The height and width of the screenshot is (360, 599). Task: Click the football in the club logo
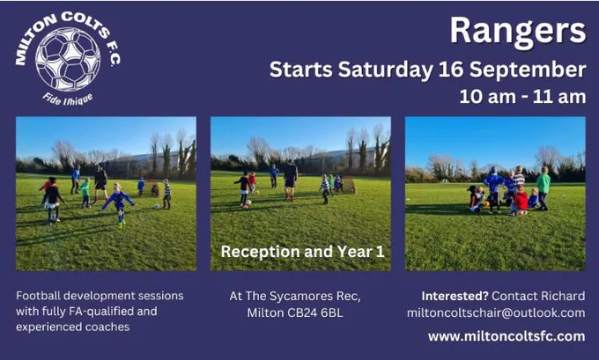click(68, 60)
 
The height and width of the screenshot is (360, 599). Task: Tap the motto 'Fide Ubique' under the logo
click(68, 99)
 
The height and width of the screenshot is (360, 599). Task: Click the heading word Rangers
click(518, 32)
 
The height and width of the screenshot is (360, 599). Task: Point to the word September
click(528, 70)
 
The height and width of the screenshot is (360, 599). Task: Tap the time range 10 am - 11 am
click(522, 97)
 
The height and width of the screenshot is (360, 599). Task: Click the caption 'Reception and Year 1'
click(302, 252)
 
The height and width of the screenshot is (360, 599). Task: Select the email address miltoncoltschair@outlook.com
click(496, 313)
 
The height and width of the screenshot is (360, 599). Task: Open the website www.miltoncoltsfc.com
click(507, 336)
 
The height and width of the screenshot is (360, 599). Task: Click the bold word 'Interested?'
click(455, 296)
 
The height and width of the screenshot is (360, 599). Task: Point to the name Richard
click(563, 296)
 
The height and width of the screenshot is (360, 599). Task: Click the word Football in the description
click(38, 296)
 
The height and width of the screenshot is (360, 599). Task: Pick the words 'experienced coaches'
click(72, 327)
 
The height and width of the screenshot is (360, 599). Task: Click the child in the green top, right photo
click(543, 188)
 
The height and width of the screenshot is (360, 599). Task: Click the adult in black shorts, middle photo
click(291, 180)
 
